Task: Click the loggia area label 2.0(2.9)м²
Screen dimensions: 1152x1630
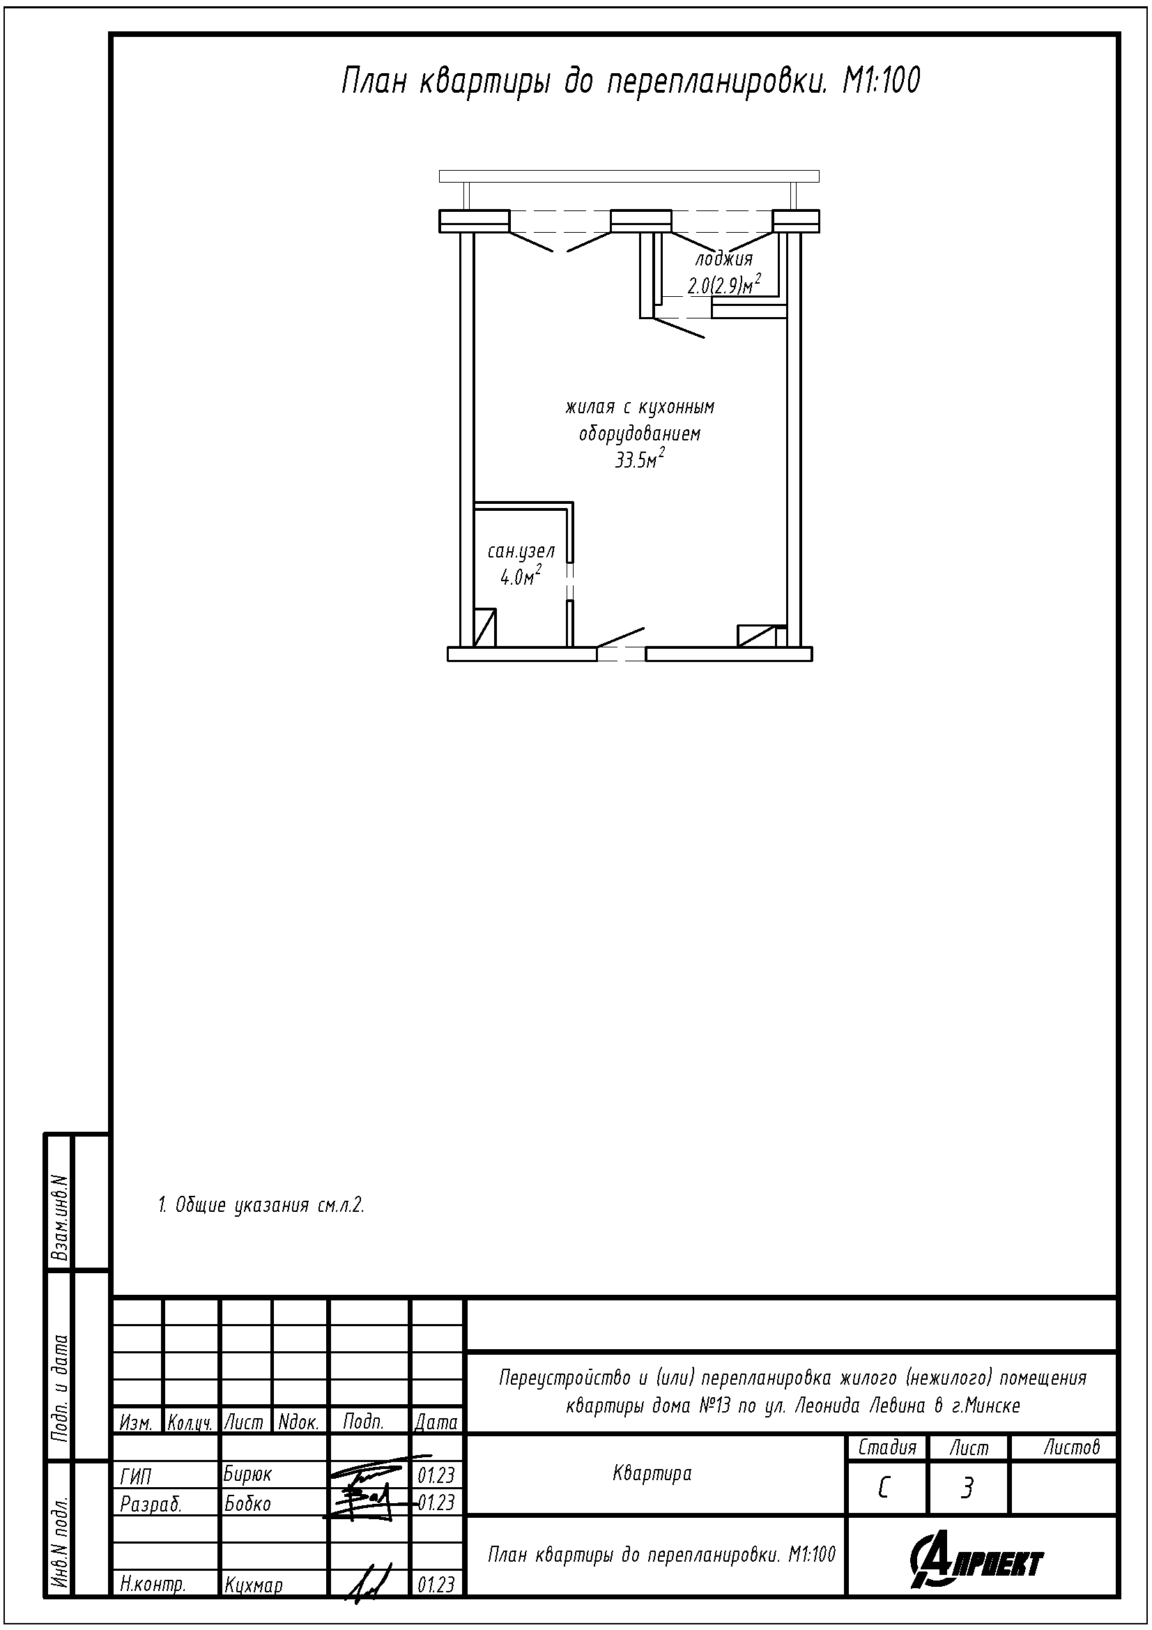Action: (x=724, y=285)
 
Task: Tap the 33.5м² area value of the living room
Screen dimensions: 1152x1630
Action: (x=640, y=460)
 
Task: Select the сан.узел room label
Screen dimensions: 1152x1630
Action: (x=521, y=551)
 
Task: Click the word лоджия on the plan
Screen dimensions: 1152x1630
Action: (x=723, y=259)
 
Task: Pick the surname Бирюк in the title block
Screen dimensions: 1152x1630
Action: (x=247, y=1475)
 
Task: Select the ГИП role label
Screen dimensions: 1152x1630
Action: (x=136, y=1477)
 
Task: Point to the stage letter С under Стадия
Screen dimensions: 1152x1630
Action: (x=884, y=1489)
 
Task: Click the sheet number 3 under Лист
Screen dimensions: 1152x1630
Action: (x=966, y=1489)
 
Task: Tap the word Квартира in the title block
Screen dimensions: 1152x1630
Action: (x=652, y=1474)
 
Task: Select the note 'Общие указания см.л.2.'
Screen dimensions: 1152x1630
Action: (x=261, y=1205)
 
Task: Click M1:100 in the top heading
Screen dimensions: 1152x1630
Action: (x=881, y=82)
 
